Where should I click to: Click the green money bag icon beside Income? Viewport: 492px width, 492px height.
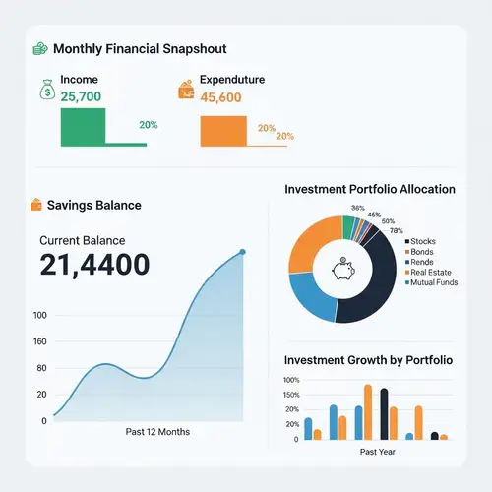pos(46,90)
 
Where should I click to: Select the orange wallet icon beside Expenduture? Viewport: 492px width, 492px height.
pos(185,90)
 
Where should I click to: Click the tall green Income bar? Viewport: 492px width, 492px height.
pos(83,127)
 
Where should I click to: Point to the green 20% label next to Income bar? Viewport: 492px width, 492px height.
pos(148,125)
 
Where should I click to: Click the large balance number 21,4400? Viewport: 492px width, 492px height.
pos(94,264)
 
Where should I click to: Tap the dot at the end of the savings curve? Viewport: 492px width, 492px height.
pos(243,253)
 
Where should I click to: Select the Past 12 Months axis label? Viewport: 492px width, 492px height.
pos(157,432)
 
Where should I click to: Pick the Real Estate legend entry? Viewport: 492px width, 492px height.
pos(430,272)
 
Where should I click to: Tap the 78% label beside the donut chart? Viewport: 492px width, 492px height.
pos(397,230)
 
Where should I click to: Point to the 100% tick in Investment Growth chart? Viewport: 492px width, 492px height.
pos(291,380)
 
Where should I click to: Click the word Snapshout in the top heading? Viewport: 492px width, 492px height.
pos(193,48)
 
